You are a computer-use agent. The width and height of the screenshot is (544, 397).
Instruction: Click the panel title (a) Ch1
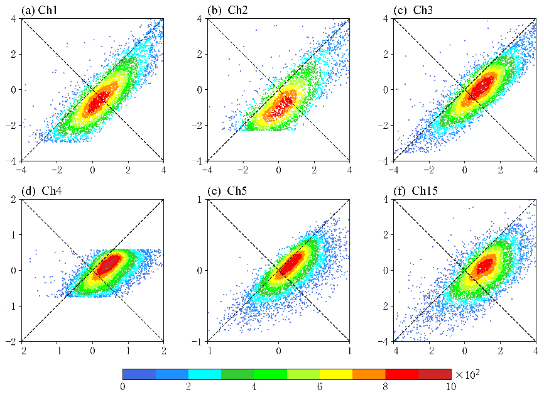coord(39,11)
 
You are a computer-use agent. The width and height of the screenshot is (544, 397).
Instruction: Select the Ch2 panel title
coord(227,11)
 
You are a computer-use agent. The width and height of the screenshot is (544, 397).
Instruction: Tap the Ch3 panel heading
coord(413,11)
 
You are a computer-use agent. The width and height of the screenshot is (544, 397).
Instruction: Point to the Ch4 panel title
coord(41,191)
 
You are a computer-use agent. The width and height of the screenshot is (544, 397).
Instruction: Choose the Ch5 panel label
coord(227,191)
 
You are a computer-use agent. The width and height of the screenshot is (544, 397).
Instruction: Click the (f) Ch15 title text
coord(416,191)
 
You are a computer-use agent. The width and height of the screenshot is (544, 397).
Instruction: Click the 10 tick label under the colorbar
coord(450,386)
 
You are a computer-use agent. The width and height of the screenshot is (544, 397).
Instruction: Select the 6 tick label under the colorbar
coord(320,386)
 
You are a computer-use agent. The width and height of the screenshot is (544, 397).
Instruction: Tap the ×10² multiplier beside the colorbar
coord(467,374)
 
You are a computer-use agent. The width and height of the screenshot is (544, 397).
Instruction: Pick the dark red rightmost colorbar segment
coord(435,374)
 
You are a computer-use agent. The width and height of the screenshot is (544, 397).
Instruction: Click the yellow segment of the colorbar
coord(336,374)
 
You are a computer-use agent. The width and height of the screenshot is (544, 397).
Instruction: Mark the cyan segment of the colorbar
coord(205,374)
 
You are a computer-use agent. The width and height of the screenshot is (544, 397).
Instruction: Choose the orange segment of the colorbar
coord(369,374)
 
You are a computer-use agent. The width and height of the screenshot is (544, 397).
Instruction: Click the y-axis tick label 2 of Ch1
coord(14,54)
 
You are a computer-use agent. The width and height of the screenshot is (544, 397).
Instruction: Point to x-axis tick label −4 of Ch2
coord(207,170)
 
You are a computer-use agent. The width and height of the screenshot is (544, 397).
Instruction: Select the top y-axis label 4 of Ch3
coord(386,19)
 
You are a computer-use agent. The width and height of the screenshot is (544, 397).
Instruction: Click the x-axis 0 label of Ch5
coord(278,351)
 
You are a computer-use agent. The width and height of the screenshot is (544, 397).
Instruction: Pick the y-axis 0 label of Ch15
coord(386,270)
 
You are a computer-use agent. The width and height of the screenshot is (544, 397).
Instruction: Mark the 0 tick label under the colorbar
coord(122,386)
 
